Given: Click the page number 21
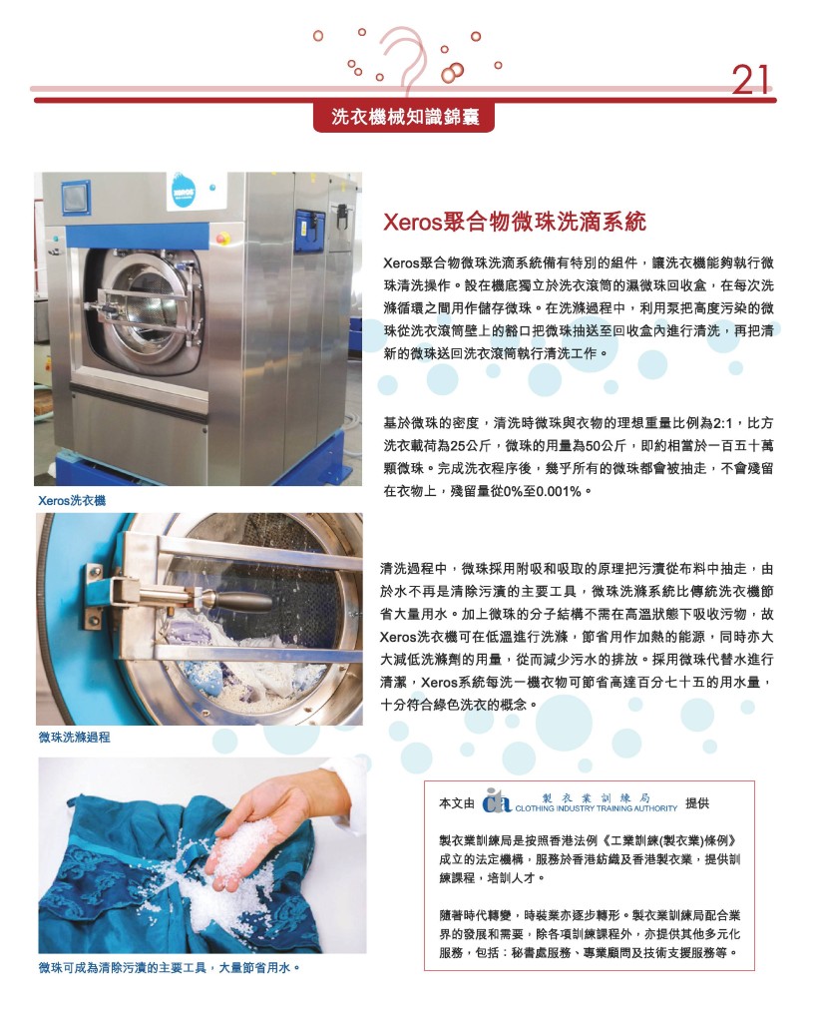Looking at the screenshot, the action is click(x=751, y=80).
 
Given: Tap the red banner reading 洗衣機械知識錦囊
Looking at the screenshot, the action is click(x=404, y=117).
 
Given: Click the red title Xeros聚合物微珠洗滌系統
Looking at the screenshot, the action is click(x=515, y=222).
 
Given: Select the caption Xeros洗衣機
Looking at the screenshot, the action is click(x=72, y=501).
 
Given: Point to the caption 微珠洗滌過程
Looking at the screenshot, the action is click(x=74, y=738).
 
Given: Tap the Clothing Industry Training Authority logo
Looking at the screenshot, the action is click(x=580, y=801).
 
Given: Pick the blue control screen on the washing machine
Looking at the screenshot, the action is click(x=76, y=197).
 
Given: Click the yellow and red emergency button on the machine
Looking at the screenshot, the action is click(x=222, y=237).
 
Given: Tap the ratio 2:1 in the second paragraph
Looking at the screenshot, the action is click(x=723, y=423).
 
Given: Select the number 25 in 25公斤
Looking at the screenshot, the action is click(x=459, y=446).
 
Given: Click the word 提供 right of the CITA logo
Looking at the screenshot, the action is click(x=697, y=803).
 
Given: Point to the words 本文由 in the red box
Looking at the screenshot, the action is click(x=457, y=803).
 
